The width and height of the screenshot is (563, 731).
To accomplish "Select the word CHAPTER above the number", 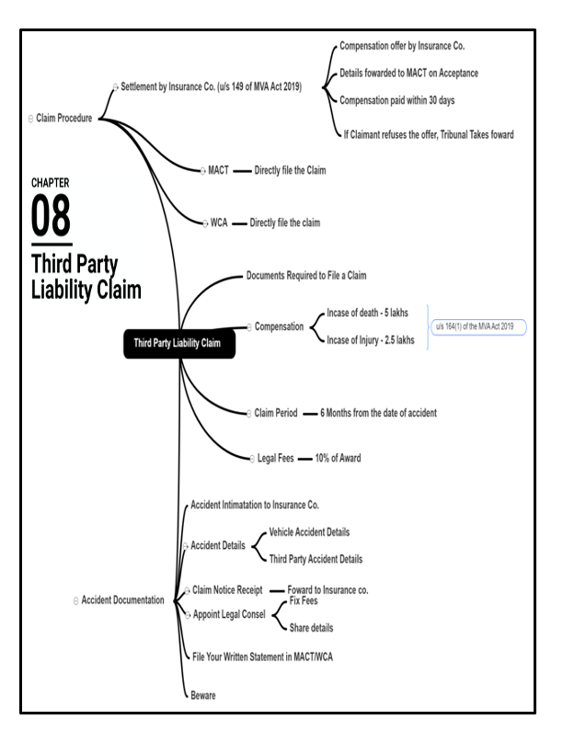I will click(x=51, y=183).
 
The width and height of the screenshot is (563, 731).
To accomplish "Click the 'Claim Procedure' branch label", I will click(x=63, y=118).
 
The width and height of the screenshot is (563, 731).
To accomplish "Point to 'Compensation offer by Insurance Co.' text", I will click(x=408, y=45).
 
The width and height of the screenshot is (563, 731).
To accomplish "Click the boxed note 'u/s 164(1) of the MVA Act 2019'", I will click(x=487, y=326).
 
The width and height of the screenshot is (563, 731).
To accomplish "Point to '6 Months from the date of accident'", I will click(x=378, y=413).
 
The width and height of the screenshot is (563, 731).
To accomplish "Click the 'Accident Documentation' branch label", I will click(x=122, y=600).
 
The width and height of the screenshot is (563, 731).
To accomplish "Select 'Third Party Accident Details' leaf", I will click(x=316, y=558).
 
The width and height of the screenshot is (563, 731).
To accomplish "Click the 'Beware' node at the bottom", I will click(x=202, y=695).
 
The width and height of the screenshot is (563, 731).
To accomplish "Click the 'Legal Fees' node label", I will click(x=275, y=457).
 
